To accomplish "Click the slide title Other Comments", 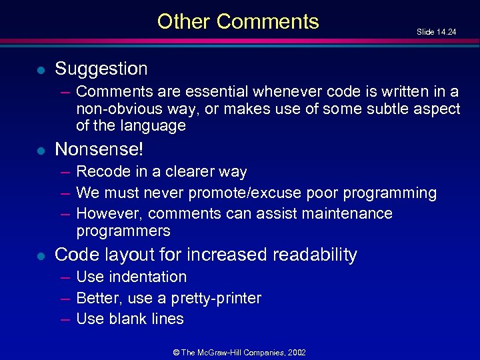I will (238, 21).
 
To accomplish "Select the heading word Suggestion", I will (101, 69).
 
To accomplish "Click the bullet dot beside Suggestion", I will (41, 69).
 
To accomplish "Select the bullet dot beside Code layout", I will (41, 255).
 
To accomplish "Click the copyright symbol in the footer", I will (176, 351).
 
